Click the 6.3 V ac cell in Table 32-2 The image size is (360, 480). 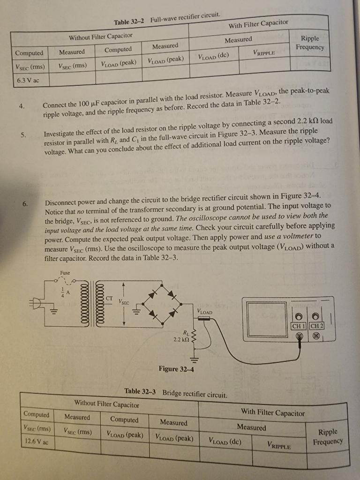coord(28,80)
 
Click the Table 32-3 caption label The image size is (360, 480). coord(141,391)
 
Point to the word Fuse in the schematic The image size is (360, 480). coord(65,272)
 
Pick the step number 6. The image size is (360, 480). coord(24,203)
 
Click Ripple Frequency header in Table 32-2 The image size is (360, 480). coord(309,43)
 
